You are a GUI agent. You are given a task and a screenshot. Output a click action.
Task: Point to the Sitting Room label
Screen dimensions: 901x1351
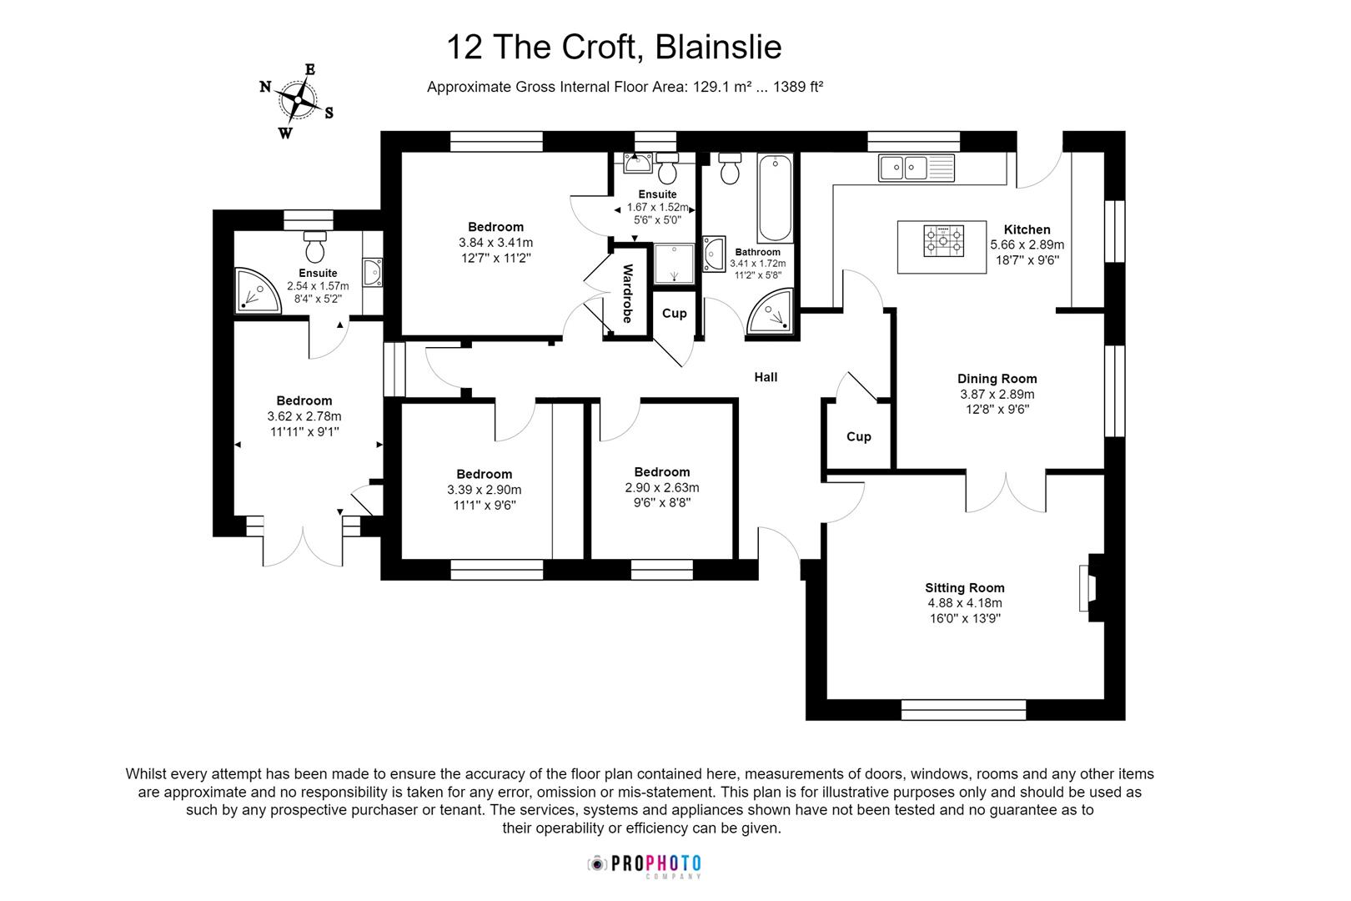click(964, 587)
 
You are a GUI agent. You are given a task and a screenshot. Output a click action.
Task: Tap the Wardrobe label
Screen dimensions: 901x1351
click(628, 294)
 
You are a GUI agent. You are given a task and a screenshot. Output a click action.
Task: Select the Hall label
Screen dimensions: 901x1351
click(765, 377)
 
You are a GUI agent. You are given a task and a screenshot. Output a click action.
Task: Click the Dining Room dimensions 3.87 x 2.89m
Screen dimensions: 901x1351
click(997, 394)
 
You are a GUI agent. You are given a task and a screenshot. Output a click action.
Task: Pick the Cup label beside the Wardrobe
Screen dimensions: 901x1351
click(674, 313)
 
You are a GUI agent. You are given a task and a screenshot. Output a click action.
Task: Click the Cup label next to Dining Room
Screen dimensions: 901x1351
click(858, 436)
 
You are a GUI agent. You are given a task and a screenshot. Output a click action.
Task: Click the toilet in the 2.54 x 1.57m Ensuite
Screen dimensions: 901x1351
click(315, 247)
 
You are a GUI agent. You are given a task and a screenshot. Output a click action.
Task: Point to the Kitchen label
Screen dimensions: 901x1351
click(1027, 229)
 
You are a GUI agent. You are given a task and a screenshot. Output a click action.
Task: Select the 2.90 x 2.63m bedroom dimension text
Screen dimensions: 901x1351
click(661, 487)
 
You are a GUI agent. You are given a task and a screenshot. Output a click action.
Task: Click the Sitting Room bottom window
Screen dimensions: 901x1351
click(963, 709)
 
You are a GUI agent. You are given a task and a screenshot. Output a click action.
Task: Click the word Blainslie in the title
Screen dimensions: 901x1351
click(718, 47)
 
